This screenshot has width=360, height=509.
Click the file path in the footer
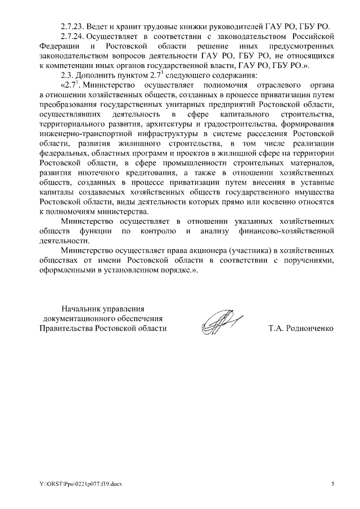click(74, 483)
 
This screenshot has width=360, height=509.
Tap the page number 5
click(332, 483)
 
